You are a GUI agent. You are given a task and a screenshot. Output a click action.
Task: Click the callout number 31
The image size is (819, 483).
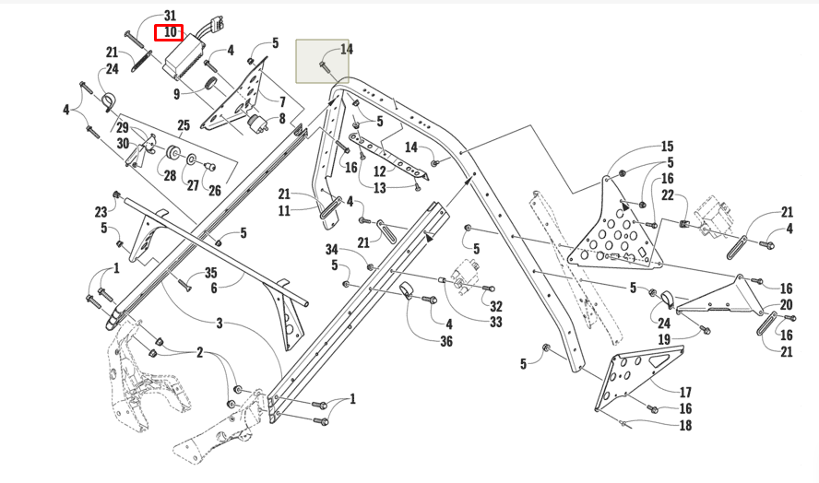pos(169,16)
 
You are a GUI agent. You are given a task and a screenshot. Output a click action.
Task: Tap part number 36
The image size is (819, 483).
pos(446,342)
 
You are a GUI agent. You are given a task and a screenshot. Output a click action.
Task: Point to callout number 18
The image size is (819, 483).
pos(685,426)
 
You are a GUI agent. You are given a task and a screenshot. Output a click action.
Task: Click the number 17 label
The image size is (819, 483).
pos(685,392)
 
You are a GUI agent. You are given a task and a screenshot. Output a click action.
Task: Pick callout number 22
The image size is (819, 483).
pos(668,195)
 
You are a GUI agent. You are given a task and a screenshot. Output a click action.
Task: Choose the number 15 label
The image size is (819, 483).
pos(667,147)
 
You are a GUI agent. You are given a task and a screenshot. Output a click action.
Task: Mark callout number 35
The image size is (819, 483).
pos(210,273)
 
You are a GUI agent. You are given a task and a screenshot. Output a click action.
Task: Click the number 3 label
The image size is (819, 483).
pos(220,323)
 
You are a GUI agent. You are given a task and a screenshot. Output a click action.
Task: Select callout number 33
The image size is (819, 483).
pos(496,323)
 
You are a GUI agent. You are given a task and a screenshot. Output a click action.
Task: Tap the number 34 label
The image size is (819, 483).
pos(332,250)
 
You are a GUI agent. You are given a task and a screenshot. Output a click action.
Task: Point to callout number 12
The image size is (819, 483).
pos(378,171)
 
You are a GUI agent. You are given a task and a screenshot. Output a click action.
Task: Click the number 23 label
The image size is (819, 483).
pos(101,211)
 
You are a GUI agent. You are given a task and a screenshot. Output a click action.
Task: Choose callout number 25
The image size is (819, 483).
pos(184,124)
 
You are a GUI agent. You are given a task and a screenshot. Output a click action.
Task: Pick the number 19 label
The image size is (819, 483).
pos(663,340)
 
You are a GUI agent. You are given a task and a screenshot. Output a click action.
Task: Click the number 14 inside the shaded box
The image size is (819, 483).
pos(346,49)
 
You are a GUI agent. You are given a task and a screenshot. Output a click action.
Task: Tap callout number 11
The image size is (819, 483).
pos(284,211)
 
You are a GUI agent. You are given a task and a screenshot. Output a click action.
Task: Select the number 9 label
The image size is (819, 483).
pos(175,93)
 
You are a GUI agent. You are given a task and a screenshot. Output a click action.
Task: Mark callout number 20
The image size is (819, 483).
pos(786,305)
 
